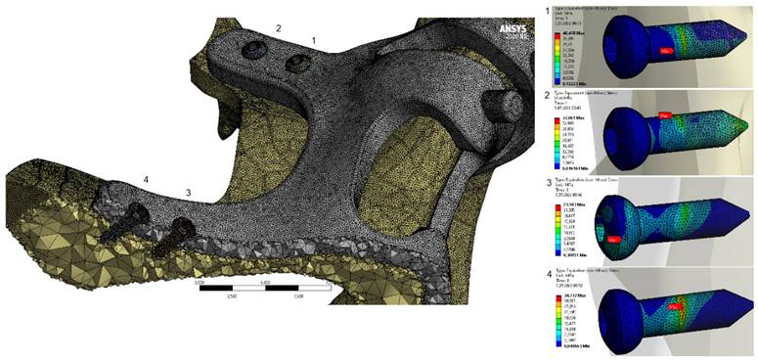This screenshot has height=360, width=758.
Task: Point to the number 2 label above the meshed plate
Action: point(278,29)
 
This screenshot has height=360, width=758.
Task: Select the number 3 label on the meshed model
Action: point(189,193)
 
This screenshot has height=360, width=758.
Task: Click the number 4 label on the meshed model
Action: point(145,179)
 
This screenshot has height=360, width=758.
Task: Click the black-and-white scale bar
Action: point(248,289)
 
